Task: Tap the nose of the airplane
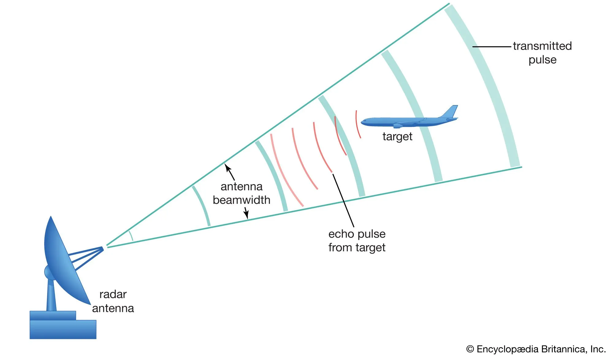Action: coord(362,122)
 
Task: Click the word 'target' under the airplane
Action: coord(397,137)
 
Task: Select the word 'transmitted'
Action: coord(542,46)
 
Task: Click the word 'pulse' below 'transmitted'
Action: coord(543,60)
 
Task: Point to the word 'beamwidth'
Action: coord(242,200)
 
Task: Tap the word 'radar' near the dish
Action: coord(113,294)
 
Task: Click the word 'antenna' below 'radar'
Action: coord(113,308)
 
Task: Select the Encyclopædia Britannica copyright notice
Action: coord(536,349)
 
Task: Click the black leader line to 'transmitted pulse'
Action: coord(492,47)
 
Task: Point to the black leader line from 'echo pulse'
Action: coord(343,200)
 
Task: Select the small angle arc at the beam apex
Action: coord(131,236)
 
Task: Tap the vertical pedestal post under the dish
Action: coord(51,295)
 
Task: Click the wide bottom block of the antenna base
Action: coord(63,329)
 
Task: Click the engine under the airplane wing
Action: coord(398,126)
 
